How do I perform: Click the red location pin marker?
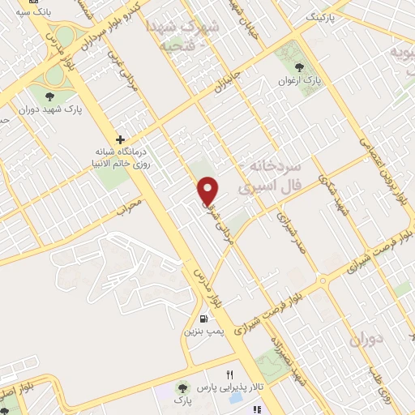pyautogui.click(x=209, y=190)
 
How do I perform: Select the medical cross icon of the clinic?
pyautogui.click(x=120, y=139)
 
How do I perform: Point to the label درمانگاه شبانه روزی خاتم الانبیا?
pyautogui.click(x=120, y=156)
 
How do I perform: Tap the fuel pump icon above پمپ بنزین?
pyautogui.click(x=202, y=318)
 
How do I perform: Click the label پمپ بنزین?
pyautogui.click(x=201, y=332)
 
